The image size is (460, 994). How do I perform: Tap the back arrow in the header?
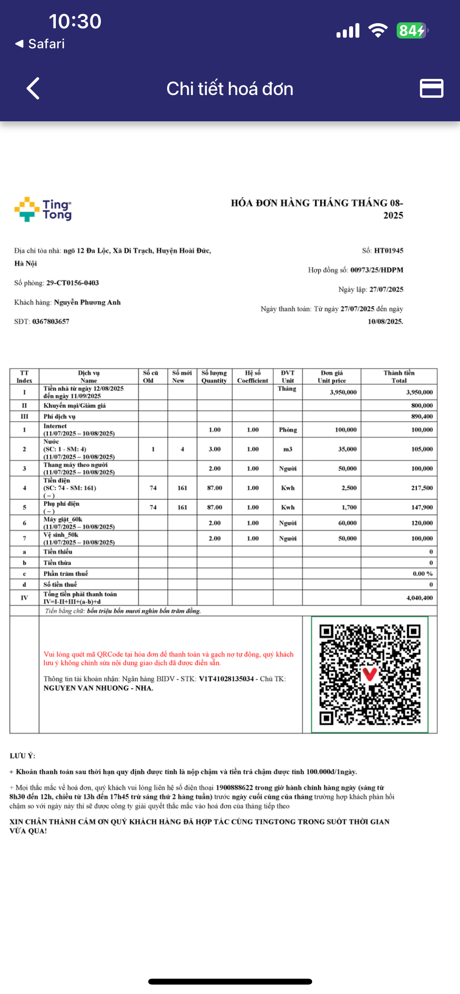[x=33, y=88]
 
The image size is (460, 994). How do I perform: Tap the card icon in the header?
[x=431, y=88]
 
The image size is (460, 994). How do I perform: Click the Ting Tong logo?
[x=43, y=209]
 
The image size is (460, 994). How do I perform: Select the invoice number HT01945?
[x=388, y=250]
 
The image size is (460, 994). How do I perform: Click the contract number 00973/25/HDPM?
[x=377, y=270]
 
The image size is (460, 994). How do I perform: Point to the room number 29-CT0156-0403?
[x=72, y=283]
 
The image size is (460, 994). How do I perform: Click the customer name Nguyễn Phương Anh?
[x=87, y=302]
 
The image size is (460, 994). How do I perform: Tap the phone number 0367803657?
[x=51, y=322]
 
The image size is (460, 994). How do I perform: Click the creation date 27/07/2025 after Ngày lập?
[x=387, y=289]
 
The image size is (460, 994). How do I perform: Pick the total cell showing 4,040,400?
[x=419, y=598]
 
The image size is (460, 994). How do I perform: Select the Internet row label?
[x=55, y=426]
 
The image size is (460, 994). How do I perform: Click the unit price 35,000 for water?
[x=347, y=449]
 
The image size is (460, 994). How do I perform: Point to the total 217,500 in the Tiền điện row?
[x=422, y=488]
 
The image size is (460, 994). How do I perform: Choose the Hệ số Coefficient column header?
[x=252, y=376]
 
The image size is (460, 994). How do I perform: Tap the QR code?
[x=370, y=674]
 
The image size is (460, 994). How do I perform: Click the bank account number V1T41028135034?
[x=226, y=679]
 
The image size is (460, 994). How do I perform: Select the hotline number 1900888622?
[x=234, y=788]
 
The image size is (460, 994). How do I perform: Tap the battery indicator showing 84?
[x=412, y=31]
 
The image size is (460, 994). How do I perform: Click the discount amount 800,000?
[x=422, y=406]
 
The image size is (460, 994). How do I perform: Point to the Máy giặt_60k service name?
[x=63, y=519]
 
